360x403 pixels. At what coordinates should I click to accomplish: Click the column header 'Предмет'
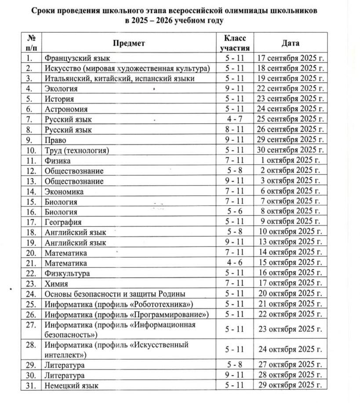click(128, 43)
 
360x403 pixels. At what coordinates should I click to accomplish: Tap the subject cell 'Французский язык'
click(77, 58)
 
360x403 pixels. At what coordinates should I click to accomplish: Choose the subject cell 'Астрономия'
click(66, 109)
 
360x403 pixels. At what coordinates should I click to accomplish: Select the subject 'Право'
click(55, 140)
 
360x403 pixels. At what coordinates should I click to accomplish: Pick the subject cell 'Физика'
click(58, 161)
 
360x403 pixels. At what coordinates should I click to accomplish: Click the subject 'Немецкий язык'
click(72, 385)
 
